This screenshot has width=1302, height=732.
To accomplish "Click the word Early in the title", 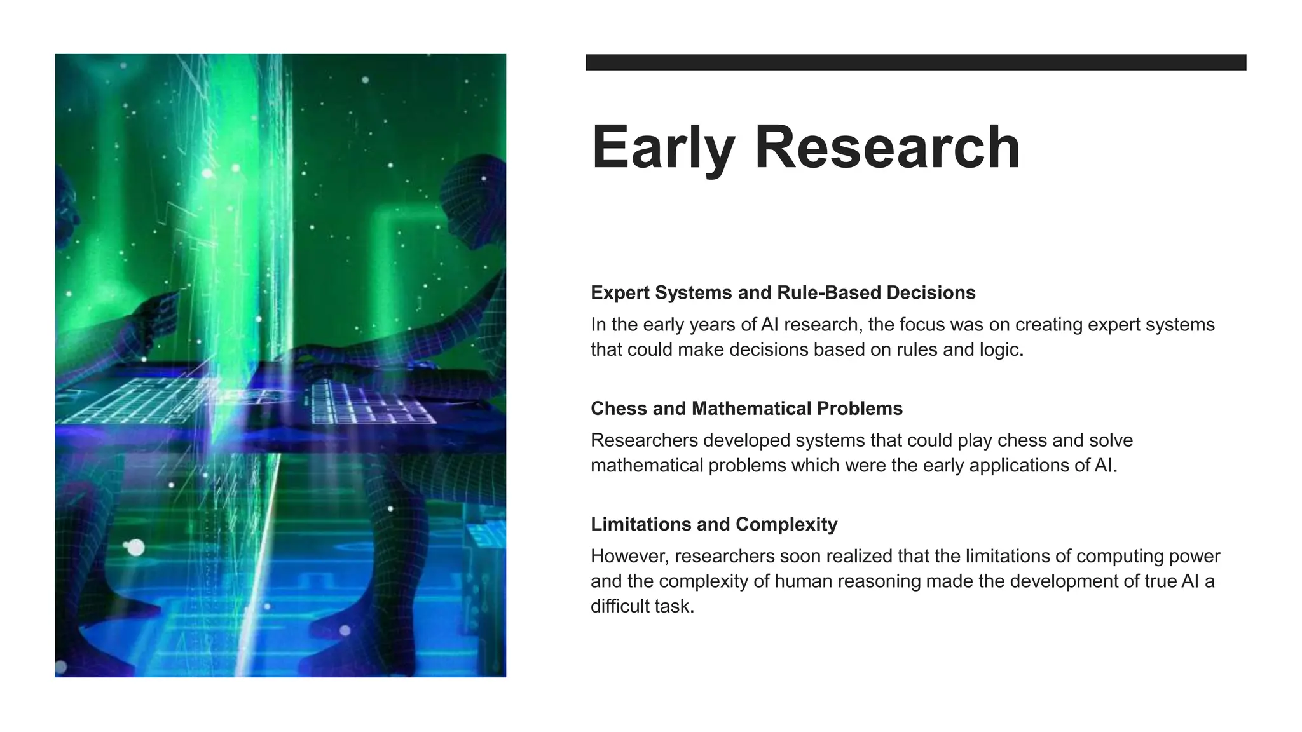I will coord(663,147).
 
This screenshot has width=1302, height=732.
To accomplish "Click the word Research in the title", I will coord(887,147).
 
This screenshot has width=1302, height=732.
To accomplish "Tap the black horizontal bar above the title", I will coord(915,62).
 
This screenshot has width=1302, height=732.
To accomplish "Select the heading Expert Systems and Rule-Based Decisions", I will coord(783,292).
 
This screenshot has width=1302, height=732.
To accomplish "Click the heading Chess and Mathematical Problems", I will coord(746,408).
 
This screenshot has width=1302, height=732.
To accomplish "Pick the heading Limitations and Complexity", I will coord(713,524).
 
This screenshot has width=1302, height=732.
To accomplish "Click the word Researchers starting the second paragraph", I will coord(644,440).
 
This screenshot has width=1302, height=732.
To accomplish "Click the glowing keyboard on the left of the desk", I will coord(137,400).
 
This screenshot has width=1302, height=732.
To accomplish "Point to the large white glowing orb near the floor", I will coord(135,547).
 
